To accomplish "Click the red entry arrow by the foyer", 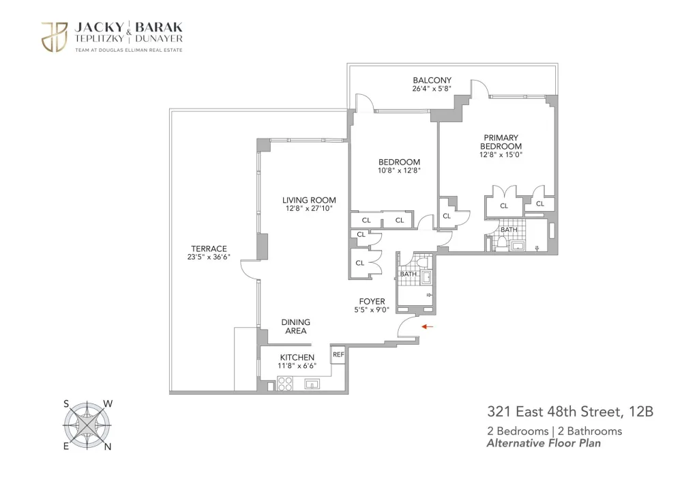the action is (427, 326).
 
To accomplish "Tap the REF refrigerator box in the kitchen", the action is (338, 354).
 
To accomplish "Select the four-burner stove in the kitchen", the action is (285, 384).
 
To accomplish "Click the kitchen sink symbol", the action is (312, 384).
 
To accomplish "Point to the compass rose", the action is (87, 425).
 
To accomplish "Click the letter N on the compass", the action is (108, 446).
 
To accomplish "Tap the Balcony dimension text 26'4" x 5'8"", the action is (432, 89).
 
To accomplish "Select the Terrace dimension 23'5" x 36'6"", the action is (209, 257).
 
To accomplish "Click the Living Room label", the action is (309, 200).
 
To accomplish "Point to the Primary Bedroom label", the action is (501, 142).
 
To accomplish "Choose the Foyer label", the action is (372, 301).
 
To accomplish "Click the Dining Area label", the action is (296, 326).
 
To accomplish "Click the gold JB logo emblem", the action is (55, 37).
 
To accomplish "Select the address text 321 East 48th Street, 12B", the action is (570, 412).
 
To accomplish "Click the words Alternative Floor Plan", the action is (544, 443).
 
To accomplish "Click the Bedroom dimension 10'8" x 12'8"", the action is (399, 171).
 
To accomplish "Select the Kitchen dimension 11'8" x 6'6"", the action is (297, 366).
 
